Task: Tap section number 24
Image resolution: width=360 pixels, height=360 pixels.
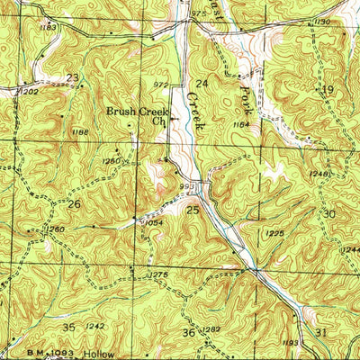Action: tap(202, 84)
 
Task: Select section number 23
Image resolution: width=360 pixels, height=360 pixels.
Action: tap(71, 77)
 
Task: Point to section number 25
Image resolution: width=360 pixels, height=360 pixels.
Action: tap(193, 210)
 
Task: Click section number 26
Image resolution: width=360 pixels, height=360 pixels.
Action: tap(75, 204)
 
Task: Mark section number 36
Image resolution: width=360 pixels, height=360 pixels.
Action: tap(188, 333)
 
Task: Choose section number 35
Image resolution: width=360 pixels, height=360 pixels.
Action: tap(69, 326)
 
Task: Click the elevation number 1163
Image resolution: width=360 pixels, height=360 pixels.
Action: tap(49, 28)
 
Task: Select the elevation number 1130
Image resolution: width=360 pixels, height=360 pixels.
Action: tap(322, 22)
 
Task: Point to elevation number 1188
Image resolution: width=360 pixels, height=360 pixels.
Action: tap(79, 132)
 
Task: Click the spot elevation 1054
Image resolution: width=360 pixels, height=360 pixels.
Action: tap(152, 223)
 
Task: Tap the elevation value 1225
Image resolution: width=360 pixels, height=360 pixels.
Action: tap(275, 233)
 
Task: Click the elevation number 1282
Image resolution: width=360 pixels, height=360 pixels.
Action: tap(211, 330)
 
